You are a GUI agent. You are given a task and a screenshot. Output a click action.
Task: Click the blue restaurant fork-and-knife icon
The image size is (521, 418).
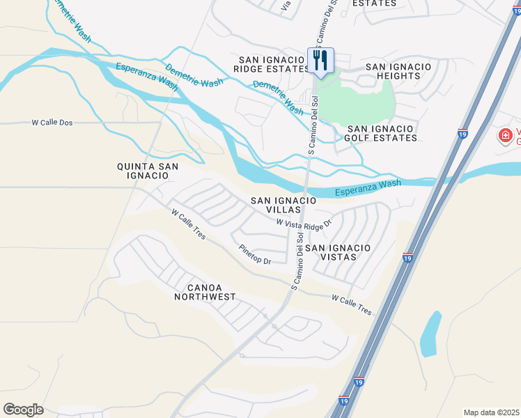click(x=320, y=60)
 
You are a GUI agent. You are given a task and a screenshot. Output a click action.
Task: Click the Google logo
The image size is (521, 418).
click(x=23, y=410)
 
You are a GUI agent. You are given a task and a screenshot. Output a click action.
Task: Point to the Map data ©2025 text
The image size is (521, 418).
click(x=492, y=412)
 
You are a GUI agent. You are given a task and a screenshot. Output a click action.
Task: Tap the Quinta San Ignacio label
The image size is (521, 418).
click(x=147, y=171)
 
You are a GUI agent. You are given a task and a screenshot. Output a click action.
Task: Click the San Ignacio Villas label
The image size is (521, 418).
click(x=283, y=205)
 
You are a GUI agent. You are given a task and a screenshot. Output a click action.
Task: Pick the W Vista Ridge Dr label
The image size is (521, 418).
click(x=304, y=224)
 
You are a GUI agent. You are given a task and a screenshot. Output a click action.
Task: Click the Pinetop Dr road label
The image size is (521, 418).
click(x=254, y=254)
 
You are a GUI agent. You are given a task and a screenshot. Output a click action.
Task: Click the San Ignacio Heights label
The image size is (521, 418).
click(x=398, y=71)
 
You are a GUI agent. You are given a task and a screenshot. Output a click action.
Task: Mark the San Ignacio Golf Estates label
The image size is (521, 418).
click(x=382, y=133)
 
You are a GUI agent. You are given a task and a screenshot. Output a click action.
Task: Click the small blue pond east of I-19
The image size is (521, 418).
click(x=431, y=333)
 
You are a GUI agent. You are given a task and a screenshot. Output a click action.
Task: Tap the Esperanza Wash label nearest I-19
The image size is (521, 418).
click(x=368, y=185)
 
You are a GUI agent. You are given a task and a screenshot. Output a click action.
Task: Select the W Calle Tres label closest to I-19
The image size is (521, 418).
click(x=352, y=304)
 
